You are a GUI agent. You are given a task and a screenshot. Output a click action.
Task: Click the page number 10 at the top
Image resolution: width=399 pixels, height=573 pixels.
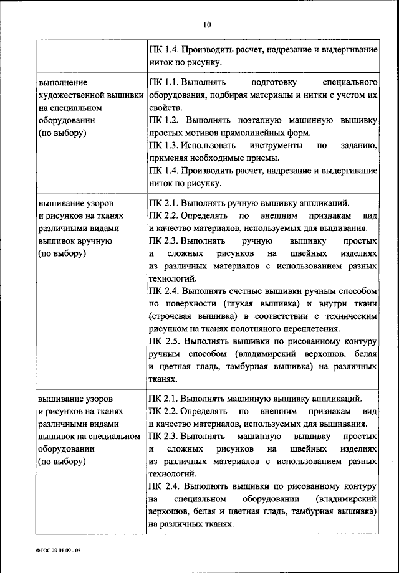click(207, 25)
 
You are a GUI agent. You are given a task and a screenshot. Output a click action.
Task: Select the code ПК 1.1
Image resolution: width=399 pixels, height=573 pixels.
click(164, 82)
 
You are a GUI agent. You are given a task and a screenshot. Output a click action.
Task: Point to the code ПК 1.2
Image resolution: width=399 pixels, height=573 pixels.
click(164, 120)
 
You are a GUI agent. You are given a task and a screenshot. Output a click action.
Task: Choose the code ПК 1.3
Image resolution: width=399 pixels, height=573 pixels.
click(164, 146)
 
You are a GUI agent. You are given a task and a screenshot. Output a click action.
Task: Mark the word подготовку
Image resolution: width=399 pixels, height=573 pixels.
click(275, 82)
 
